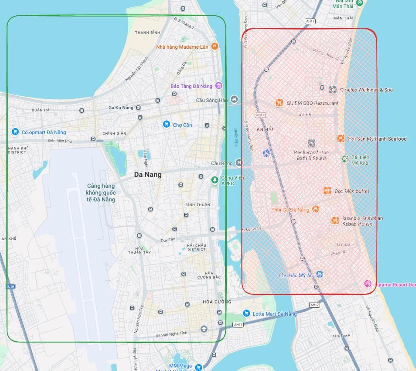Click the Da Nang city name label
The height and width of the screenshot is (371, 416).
[148, 174]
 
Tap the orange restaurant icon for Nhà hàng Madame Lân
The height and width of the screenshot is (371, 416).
[215, 46]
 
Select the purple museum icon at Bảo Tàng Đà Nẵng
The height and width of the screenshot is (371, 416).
[219, 85]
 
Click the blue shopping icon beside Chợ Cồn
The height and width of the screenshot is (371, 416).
[166, 124]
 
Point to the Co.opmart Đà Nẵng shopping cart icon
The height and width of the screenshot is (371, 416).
[15, 132]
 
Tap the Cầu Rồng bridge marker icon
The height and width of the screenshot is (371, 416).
[240, 163]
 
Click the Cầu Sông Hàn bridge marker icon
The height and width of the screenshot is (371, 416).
[234, 99]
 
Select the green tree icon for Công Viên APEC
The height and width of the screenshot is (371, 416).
[215, 180]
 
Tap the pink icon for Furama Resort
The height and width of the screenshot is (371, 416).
[368, 284]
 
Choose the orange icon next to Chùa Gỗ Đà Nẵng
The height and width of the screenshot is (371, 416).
[316, 209]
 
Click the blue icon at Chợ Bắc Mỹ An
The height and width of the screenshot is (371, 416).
[320, 274]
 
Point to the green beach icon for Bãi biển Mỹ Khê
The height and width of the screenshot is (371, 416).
[345, 159]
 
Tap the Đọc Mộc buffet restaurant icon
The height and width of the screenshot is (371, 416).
[327, 191]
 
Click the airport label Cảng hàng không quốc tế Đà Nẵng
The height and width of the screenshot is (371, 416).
[101, 193]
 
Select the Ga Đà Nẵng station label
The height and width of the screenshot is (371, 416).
[121, 108]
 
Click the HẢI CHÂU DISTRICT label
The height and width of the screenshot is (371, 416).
[196, 247]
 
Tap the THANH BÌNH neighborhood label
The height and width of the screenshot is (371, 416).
[147, 33]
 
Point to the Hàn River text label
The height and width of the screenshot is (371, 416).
[236, 137]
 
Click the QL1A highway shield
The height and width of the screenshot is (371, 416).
[10, 286]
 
